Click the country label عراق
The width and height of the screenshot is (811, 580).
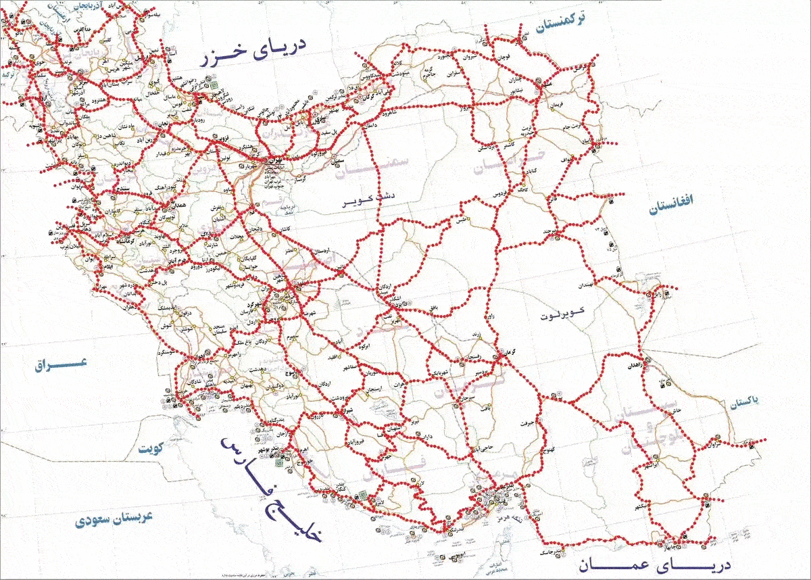[x=62, y=364]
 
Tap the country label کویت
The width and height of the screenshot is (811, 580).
[x=153, y=449]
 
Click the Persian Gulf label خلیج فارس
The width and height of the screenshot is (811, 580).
[x=270, y=483]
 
